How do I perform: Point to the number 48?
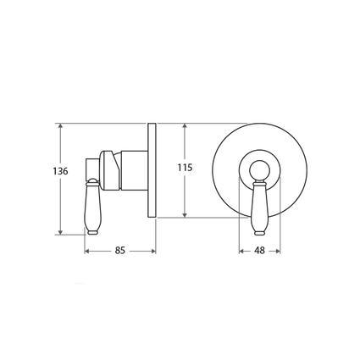click(x=260, y=251)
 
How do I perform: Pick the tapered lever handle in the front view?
click(x=260, y=208)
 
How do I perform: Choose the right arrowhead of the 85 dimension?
click(x=153, y=250)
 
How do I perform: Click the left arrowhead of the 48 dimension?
click(x=241, y=250)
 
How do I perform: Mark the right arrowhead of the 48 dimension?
click(x=280, y=250)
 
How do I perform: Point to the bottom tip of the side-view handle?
click(x=91, y=233)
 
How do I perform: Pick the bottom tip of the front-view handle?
click(x=260, y=233)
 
